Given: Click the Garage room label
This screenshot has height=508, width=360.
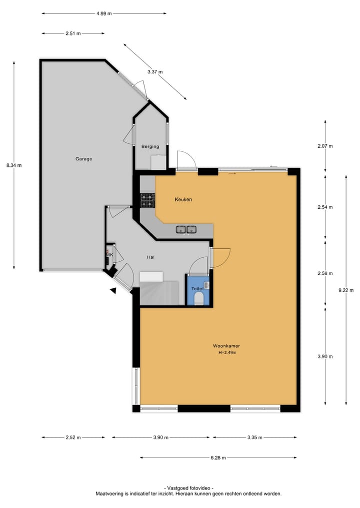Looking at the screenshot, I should [x=83, y=159].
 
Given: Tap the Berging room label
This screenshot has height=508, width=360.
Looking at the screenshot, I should [x=150, y=146].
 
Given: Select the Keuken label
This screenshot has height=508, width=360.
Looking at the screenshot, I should [x=183, y=199].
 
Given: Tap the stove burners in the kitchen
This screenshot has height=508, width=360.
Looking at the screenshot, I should [x=147, y=200].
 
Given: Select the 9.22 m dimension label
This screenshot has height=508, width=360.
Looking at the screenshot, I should [x=346, y=290].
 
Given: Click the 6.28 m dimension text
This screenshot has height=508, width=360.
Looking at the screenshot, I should [x=218, y=458].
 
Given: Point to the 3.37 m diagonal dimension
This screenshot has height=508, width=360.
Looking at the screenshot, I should [x=154, y=72].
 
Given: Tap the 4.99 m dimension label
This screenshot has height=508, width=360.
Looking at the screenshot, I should [x=103, y=13].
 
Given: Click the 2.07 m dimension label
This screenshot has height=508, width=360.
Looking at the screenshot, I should [x=325, y=146].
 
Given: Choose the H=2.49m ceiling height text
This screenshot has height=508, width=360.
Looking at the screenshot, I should [x=227, y=353].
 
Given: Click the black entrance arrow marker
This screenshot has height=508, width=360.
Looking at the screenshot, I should [x=113, y=290].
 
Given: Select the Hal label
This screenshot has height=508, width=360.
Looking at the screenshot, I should [x=150, y=257].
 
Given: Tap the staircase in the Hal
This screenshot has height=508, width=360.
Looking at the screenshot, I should [x=159, y=293].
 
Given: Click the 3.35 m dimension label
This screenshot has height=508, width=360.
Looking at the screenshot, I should [x=255, y=438].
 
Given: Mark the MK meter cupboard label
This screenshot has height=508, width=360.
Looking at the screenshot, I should [x=109, y=255].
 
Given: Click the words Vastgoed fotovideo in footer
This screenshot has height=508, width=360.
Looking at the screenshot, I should [x=188, y=488].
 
